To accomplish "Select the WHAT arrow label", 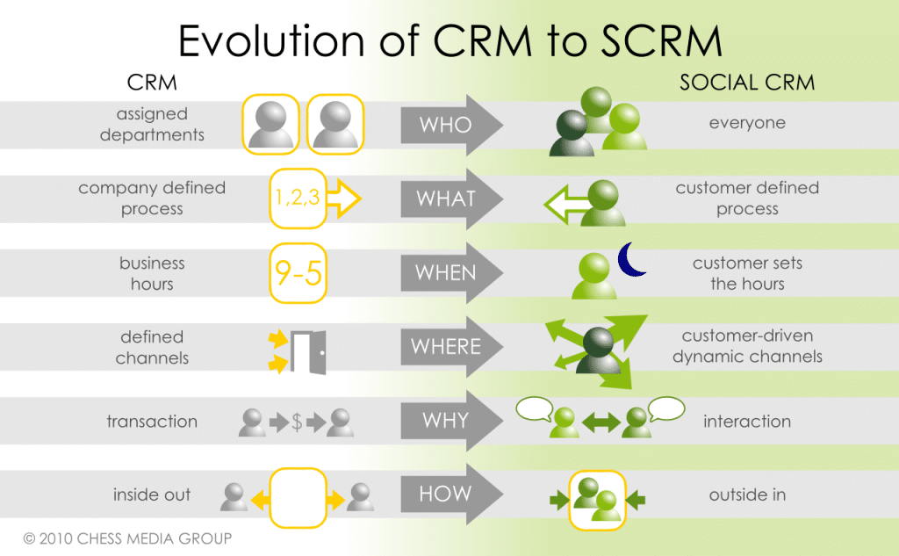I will coord(446,199).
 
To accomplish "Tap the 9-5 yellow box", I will coord(298,273).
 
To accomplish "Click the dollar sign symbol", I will coord(297,422).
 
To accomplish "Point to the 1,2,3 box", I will coord(296,199).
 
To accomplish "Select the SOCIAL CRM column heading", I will coord(747,83).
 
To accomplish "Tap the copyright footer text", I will coord(127,537).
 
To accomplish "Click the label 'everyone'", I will coord(747,124).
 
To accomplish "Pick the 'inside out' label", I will coord(151,495).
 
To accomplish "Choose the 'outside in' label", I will coord(747,495).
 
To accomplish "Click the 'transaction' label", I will coord(152,422).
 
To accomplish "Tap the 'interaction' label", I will coord(747,422).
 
